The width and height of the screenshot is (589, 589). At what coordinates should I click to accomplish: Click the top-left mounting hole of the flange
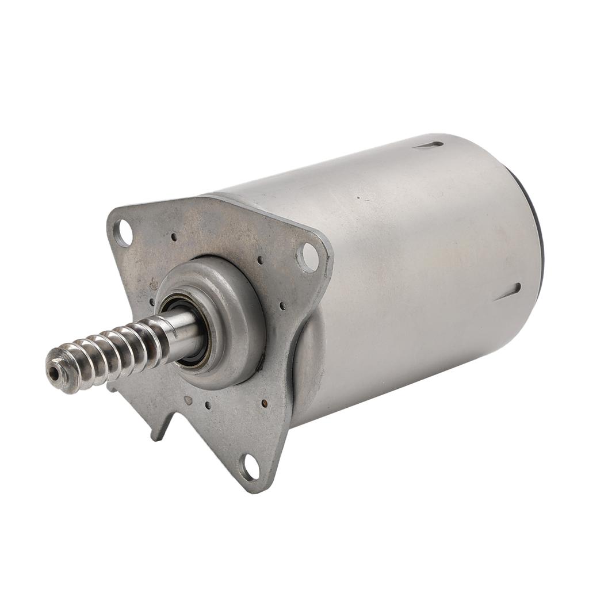pyautogui.click(x=123, y=233)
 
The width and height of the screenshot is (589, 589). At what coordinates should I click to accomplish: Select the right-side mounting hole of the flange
pyautogui.click(x=308, y=257)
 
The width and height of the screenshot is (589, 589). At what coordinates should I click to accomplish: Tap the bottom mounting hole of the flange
pyautogui.click(x=250, y=466)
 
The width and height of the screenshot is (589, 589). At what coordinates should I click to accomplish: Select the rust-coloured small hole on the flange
pyautogui.click(x=264, y=403)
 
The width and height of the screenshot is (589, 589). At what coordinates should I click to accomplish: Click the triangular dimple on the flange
pyautogui.click(x=188, y=399)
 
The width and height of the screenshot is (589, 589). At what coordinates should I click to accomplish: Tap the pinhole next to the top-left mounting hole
pyautogui.click(x=174, y=236)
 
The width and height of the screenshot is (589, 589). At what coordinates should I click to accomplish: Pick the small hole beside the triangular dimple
pyautogui.click(x=208, y=406)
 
